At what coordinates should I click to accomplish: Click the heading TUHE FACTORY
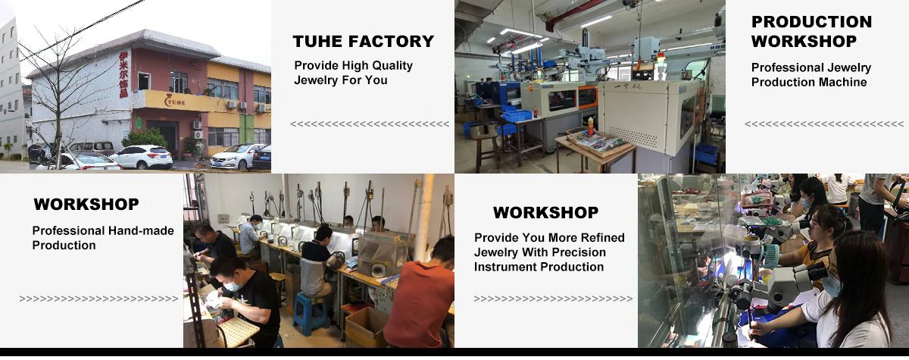click(363, 42)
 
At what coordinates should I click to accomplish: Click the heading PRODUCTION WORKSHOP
click(811, 31)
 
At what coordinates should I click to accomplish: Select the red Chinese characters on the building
click(123, 74)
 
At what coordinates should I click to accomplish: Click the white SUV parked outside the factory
click(142, 157)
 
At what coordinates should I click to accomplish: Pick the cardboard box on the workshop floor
click(365, 326)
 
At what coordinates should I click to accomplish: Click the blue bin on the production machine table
click(516, 116)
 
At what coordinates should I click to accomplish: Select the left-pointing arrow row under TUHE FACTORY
click(370, 124)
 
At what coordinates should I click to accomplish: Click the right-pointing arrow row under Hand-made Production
click(98, 299)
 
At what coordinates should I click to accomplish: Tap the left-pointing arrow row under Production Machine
click(824, 124)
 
